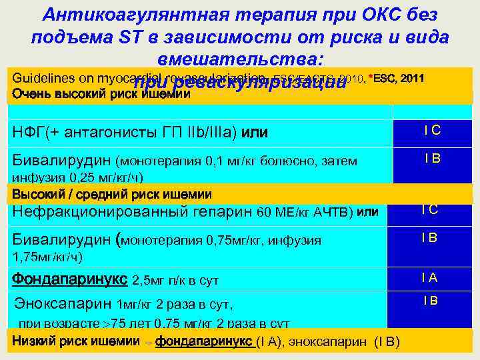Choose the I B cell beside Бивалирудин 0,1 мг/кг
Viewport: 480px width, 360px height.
pyautogui.click(x=432, y=159)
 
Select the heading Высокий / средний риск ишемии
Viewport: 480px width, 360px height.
pyautogui.click(x=111, y=194)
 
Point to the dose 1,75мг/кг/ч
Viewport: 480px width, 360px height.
pyautogui.click(x=47, y=255)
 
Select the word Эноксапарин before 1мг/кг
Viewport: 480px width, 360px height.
pyautogui.click(x=64, y=305)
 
